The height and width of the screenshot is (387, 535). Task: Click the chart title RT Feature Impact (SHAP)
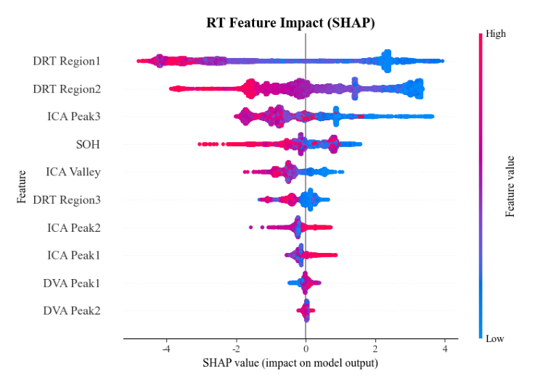(290, 23)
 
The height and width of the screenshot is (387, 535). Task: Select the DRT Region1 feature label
(67, 62)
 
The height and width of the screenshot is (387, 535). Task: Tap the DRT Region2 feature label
(67, 89)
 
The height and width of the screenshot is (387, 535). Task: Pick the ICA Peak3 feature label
(75, 117)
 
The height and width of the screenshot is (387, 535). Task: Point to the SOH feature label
(88, 145)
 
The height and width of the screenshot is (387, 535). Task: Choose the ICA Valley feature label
(73, 172)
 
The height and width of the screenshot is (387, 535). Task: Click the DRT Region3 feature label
(67, 200)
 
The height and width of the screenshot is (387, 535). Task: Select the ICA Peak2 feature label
(75, 228)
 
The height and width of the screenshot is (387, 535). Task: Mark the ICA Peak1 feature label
(75, 255)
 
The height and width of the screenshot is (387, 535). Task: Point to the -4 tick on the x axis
(166, 349)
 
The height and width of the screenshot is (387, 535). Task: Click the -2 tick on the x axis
(236, 349)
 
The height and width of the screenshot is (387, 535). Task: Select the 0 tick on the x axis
(306, 349)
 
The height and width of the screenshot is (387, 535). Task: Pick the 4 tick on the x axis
(445, 349)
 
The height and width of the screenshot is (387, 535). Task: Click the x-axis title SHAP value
(290, 362)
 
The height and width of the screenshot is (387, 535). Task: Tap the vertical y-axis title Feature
(23, 186)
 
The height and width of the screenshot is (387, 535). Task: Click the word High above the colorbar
(496, 34)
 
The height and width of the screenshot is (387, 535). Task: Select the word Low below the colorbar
(495, 338)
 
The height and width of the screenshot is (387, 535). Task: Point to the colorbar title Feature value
(510, 186)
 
